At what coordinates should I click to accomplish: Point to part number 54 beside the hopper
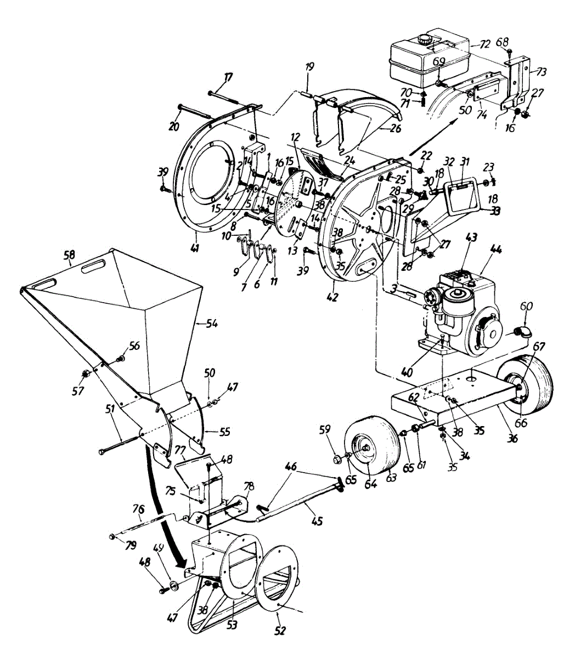click(211, 324)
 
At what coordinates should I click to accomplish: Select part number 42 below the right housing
click(332, 297)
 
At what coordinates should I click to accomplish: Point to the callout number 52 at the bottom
click(280, 631)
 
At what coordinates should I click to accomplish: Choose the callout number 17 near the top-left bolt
click(227, 78)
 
